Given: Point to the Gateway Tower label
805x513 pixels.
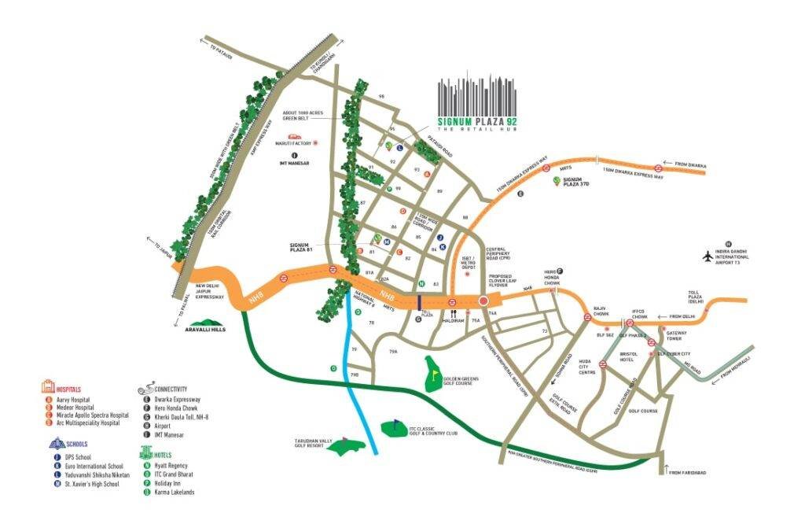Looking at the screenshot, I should click(676, 336).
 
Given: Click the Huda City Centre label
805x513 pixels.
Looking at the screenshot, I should click(589, 367).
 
